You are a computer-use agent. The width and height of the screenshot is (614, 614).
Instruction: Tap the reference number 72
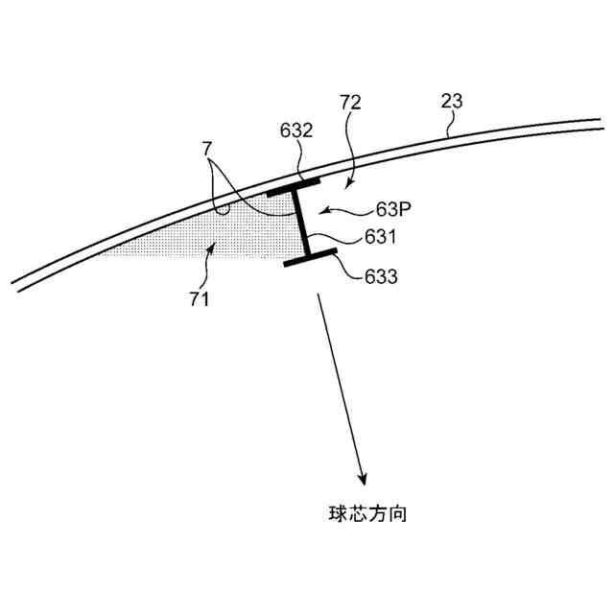coord(351,101)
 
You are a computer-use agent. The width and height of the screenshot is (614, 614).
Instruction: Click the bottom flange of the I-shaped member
coord(311,256)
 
